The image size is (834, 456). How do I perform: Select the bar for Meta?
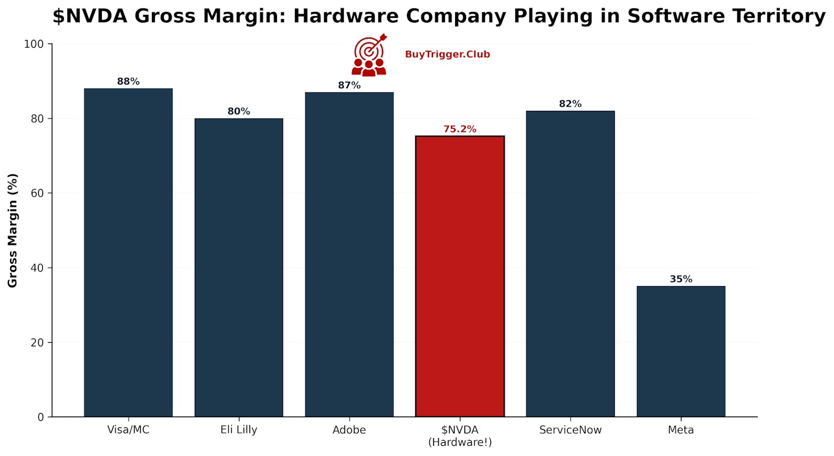(680, 351)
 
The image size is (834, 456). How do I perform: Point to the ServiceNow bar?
(570, 263)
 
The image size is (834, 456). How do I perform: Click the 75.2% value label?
(459, 129)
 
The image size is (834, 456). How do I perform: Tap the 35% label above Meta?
(680, 279)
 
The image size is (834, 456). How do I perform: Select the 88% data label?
(128, 81)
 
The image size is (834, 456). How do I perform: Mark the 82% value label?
(570, 104)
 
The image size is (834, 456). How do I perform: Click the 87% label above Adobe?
(349, 85)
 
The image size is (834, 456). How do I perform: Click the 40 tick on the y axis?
(38, 268)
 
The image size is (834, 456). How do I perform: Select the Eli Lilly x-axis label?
(238, 430)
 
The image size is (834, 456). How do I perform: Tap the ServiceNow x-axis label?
(570, 430)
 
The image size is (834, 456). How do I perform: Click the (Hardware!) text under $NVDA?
(459, 442)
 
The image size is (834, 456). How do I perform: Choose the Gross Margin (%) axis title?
(13, 230)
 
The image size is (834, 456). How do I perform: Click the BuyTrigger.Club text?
(447, 54)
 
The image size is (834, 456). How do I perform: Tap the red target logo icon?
(369, 55)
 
